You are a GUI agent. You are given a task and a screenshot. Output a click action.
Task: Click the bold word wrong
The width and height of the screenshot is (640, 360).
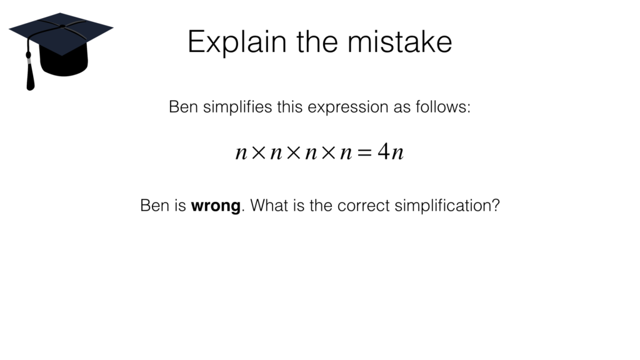pyautogui.click(x=216, y=206)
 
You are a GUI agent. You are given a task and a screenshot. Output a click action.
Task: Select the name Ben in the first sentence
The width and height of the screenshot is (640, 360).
pyautogui.click(x=182, y=107)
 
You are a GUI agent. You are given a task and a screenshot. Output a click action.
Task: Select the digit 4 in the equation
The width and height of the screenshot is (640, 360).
pyautogui.click(x=382, y=152)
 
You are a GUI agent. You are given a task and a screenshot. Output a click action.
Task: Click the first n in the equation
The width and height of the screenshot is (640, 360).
pyautogui.click(x=241, y=153)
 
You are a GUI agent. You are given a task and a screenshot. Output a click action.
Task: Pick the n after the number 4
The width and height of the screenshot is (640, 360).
pyautogui.click(x=397, y=153)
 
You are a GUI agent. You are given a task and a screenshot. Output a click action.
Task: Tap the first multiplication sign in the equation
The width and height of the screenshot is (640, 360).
pyautogui.click(x=258, y=153)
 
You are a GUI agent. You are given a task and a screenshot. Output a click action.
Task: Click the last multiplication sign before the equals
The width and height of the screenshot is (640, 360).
pyautogui.click(x=327, y=153)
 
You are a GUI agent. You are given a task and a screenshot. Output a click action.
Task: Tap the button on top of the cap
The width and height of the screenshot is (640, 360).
pyautogui.click(x=61, y=26)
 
